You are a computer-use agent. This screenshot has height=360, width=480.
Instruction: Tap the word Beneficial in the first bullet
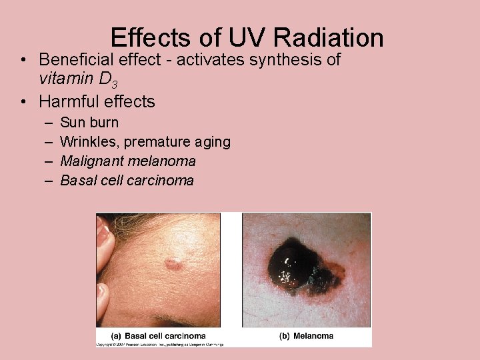tap(74, 60)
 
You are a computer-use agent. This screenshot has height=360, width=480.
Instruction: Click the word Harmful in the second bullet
tap(69, 102)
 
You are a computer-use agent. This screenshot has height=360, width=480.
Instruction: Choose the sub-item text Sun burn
tap(89, 123)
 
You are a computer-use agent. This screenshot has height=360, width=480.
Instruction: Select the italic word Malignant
tap(92, 161)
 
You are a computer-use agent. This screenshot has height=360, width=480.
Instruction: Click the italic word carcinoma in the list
tap(161, 181)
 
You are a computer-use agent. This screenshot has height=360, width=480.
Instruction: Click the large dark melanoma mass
tap(294, 267)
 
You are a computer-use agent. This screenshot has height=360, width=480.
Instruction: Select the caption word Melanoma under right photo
tap(313, 336)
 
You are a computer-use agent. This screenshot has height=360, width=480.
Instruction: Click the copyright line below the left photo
tap(160, 344)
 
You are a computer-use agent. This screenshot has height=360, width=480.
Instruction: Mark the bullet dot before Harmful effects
tap(24, 102)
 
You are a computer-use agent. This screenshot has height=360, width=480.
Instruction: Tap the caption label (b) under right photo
tap(284, 336)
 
